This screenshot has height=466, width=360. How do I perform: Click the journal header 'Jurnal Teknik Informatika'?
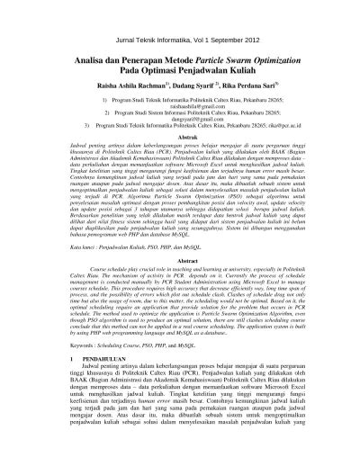[136, 42]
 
